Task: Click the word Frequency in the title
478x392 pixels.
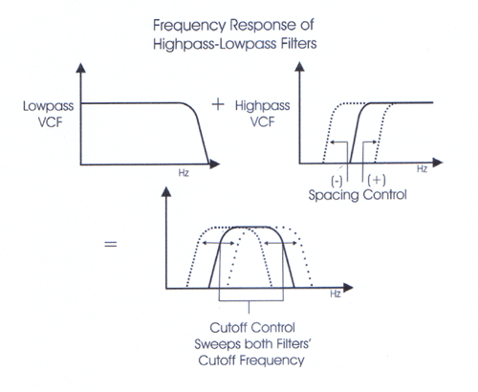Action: tap(188, 26)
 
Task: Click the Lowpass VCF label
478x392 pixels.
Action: tap(49, 114)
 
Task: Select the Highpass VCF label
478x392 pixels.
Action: tap(263, 114)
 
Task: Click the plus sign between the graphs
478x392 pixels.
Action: tap(218, 104)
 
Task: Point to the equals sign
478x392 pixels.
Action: tap(111, 245)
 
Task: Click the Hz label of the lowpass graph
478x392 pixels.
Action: tap(184, 173)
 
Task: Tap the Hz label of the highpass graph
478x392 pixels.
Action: tap(422, 169)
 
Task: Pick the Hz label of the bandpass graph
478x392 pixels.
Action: tap(336, 294)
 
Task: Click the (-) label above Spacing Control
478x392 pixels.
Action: tap(337, 181)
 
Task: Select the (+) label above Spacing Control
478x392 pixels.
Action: tap(377, 180)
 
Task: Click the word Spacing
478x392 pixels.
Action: tap(334, 195)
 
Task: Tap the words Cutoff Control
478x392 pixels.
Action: tap(252, 328)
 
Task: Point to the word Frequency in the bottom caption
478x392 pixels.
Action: tap(272, 360)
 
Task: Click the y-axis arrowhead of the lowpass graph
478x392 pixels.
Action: tap(81, 68)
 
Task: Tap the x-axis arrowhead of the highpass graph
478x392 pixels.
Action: tap(438, 163)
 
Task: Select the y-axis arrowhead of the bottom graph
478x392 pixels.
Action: tap(166, 192)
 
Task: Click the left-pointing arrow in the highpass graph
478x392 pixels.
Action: tap(338, 142)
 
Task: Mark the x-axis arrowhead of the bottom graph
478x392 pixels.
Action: tap(348, 288)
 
